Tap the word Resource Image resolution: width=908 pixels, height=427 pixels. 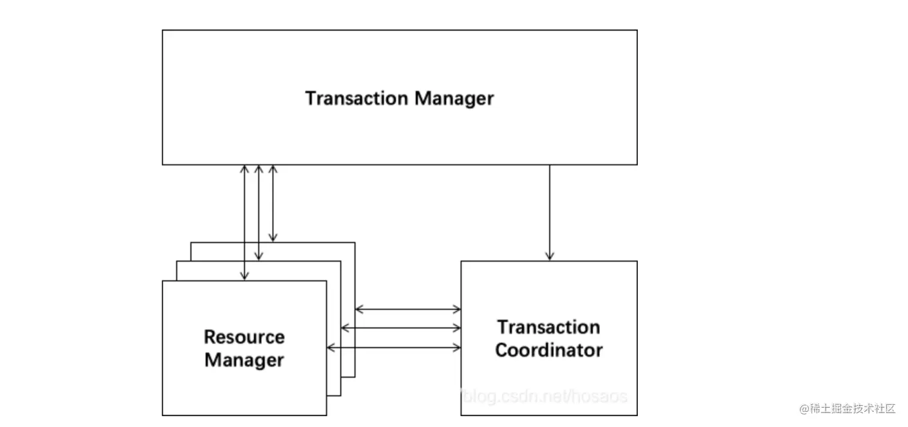(244, 337)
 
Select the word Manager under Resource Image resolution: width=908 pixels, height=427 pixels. (244, 360)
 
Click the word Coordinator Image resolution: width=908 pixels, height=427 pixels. (548, 350)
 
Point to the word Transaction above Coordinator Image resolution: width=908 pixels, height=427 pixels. (548, 327)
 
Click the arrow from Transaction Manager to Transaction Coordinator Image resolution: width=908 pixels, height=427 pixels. (549, 210)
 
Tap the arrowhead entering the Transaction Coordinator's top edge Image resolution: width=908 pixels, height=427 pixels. (549, 257)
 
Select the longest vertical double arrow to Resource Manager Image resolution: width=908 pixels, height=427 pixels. (244, 223)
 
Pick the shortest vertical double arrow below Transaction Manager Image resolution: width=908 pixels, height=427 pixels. (273, 203)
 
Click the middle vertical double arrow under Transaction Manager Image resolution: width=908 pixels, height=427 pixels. (259, 212)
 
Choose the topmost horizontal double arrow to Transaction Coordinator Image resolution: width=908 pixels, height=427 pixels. (408, 309)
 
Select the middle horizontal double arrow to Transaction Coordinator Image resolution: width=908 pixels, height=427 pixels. (401, 328)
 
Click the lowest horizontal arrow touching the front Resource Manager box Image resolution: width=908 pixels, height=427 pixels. (393, 348)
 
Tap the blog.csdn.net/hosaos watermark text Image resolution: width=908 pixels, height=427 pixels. (543, 397)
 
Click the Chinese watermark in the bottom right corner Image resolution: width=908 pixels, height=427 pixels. (853, 408)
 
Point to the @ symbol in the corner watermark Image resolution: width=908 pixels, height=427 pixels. (804, 408)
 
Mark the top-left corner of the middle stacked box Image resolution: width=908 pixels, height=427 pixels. (177, 261)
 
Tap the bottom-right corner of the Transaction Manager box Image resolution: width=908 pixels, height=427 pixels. (637, 164)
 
